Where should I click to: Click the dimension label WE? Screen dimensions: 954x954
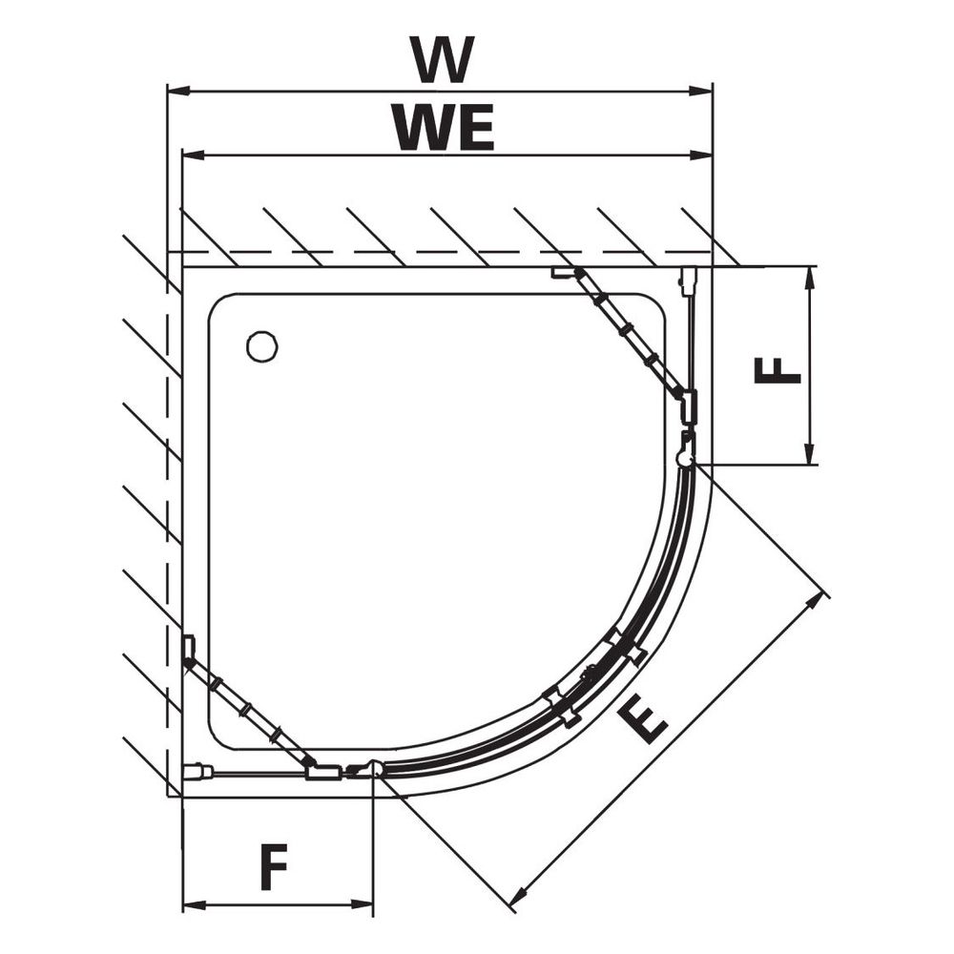[x=443, y=128]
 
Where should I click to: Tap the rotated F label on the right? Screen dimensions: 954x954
[x=777, y=370]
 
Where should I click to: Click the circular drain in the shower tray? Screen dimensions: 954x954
[x=262, y=347]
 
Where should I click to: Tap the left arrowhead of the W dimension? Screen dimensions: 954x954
[x=179, y=92]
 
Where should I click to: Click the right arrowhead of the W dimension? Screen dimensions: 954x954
[x=699, y=92]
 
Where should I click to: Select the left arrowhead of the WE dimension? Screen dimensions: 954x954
[x=196, y=156]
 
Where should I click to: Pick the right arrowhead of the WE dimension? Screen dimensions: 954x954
[x=699, y=156]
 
